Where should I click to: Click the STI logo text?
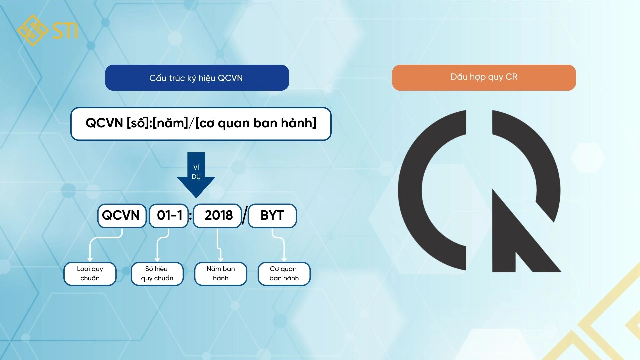click(65, 31)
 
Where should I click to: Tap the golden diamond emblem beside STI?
click(33, 30)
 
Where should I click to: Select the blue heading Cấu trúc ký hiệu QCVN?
click(197, 78)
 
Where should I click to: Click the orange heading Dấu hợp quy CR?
click(484, 77)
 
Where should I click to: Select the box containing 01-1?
click(169, 216)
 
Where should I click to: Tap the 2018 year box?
click(217, 216)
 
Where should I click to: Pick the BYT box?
click(272, 216)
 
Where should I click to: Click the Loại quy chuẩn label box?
click(90, 274)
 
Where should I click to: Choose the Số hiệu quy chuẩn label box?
click(157, 274)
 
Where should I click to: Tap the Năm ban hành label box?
click(221, 274)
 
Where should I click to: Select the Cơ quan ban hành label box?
click(284, 274)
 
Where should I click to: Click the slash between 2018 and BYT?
click(245, 216)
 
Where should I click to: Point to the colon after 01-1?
click(191, 216)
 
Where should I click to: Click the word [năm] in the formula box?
click(170, 123)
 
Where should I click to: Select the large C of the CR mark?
click(420, 190)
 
